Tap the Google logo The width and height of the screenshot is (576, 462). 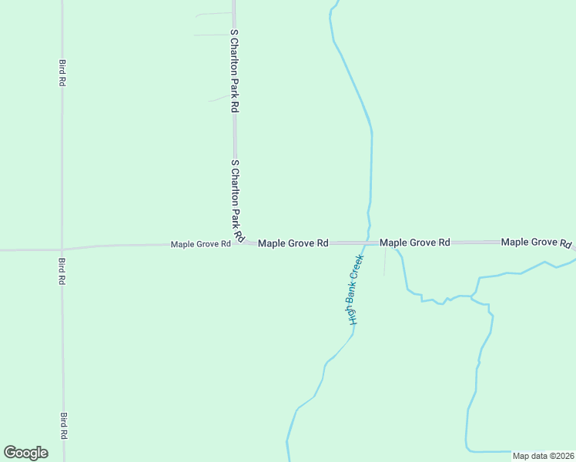point(25,453)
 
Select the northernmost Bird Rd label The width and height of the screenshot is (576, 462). point(61,72)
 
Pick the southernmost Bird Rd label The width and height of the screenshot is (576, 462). point(63,426)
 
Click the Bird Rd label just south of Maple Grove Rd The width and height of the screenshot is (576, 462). point(62,271)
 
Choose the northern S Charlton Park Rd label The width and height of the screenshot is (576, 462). point(234,72)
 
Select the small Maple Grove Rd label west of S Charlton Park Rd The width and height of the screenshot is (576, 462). point(200,244)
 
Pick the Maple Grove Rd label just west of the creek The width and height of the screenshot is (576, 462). point(293,243)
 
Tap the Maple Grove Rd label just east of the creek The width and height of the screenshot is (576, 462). point(415,243)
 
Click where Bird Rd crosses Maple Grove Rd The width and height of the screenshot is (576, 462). point(62,249)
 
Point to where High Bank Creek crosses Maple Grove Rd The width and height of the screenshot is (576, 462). point(367,242)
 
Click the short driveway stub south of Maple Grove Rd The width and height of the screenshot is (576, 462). point(384,262)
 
